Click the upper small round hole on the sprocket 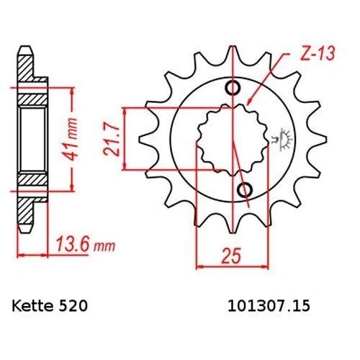click(x=233, y=89)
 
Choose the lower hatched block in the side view click(x=32, y=180)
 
